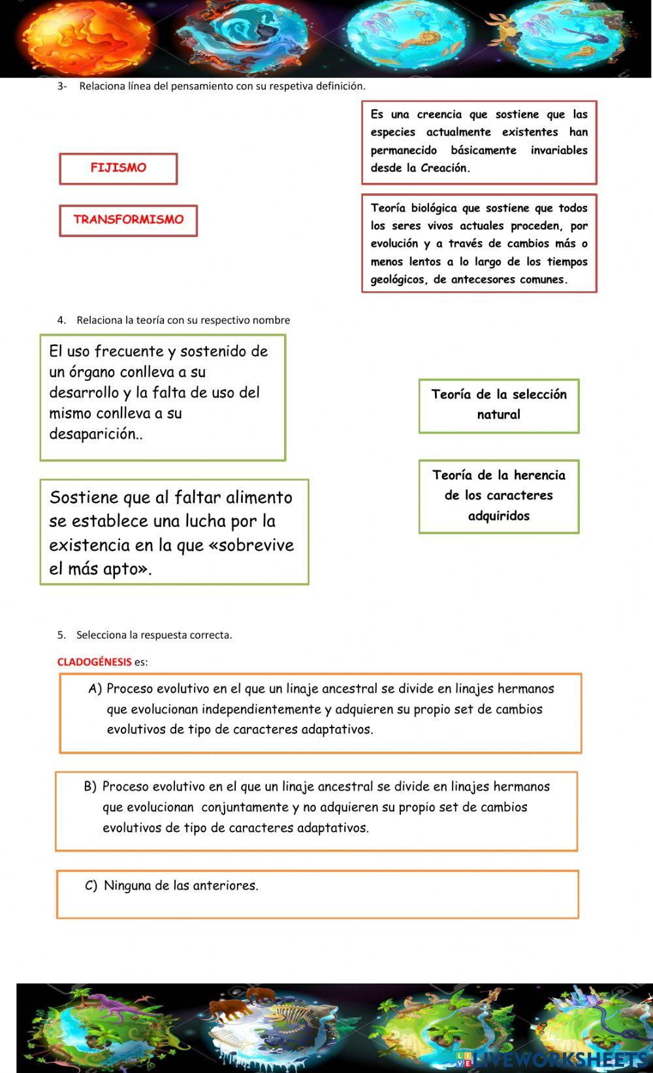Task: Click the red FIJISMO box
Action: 118,168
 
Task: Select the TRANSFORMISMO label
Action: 128,220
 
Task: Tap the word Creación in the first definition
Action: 444,168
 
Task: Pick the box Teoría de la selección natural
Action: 499,405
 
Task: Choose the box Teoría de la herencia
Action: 499,496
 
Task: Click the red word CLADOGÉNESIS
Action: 95,662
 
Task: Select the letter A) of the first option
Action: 95,689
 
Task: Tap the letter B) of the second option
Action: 90,787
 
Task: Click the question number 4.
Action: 61,320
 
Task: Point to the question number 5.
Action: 61,635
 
